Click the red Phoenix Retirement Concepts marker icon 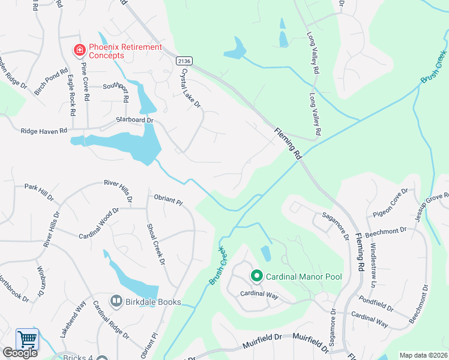79,50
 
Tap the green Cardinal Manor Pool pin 257,277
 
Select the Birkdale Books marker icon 116,301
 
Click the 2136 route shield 184,61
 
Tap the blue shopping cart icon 26,340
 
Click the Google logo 20,353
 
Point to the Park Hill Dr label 39,191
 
